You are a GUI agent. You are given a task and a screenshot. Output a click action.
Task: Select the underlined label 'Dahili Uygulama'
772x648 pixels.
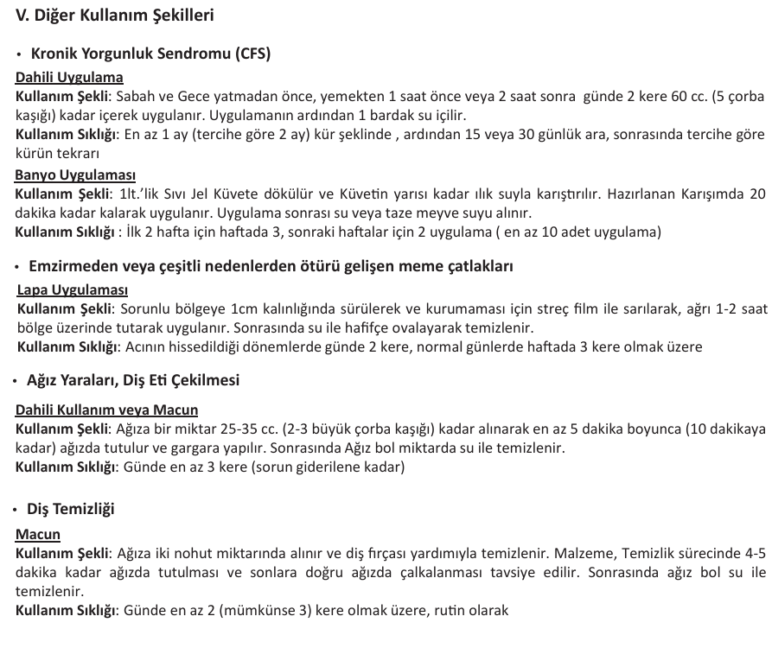coord(69,77)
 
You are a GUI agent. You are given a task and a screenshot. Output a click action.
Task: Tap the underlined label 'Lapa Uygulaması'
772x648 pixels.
coord(73,289)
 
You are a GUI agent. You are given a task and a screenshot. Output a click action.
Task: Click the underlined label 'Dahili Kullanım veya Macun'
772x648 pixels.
coord(107,410)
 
